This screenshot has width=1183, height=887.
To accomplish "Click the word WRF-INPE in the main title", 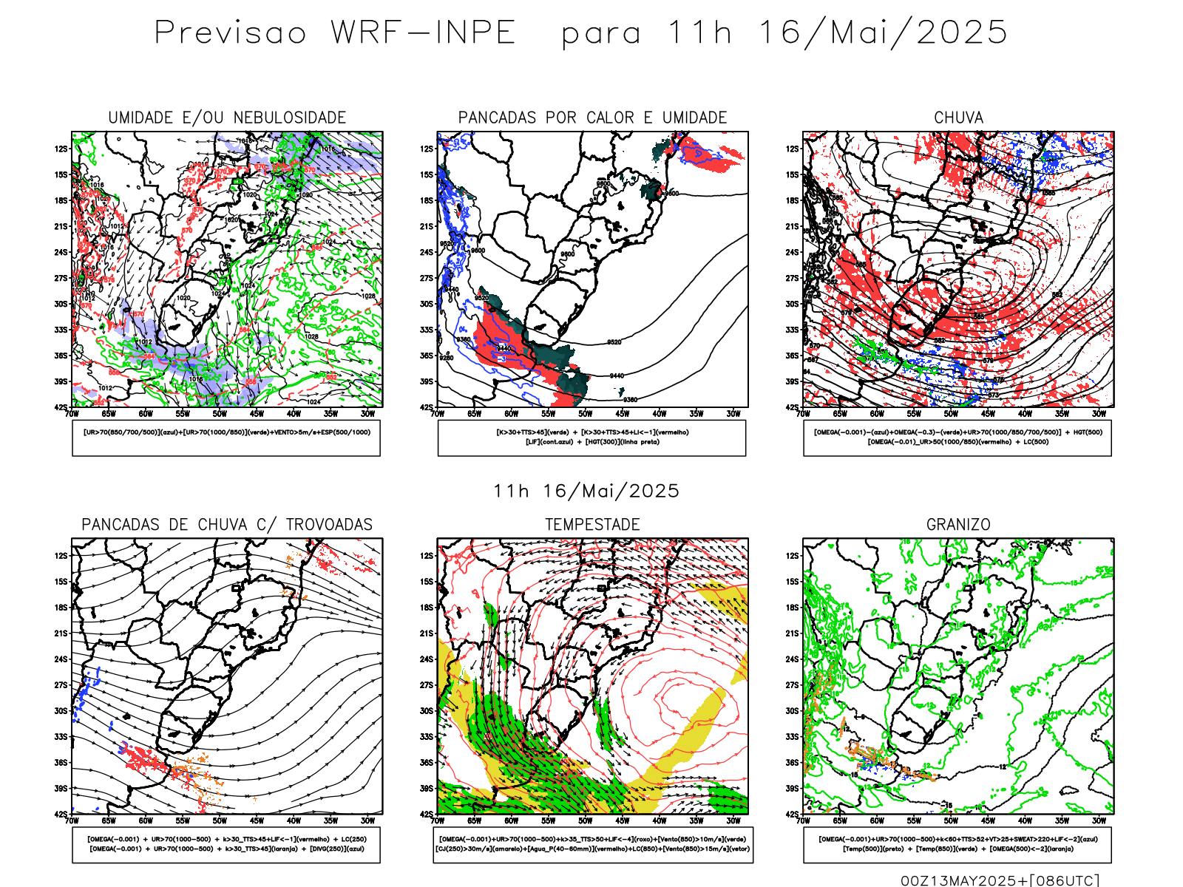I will pyautogui.click(x=423, y=33).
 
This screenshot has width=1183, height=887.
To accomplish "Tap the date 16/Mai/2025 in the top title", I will pyautogui.click(x=884, y=33).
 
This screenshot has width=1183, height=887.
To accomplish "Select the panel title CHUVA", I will pyautogui.click(x=958, y=118).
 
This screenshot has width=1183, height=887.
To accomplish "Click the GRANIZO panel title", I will pyautogui.click(x=958, y=525).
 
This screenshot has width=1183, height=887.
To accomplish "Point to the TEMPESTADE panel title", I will pyautogui.click(x=592, y=525).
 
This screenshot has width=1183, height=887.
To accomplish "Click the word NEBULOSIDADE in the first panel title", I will pyautogui.click(x=290, y=118).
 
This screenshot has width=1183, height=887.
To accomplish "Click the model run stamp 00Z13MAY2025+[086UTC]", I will pyautogui.click(x=1000, y=880).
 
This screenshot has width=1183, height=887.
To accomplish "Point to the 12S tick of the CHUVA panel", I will pyautogui.click(x=793, y=149).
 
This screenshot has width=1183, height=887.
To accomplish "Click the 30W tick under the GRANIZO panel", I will pyautogui.click(x=1099, y=820).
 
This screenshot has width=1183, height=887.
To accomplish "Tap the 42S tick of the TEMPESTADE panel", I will pyautogui.click(x=427, y=814).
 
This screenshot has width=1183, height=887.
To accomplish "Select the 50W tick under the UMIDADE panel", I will pyautogui.click(x=220, y=414).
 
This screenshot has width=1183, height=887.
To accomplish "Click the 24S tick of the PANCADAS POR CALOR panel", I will pyautogui.click(x=427, y=252).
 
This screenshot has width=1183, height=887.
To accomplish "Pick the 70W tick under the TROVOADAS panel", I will pyautogui.click(x=72, y=820).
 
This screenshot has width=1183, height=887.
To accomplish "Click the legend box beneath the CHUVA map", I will pyautogui.click(x=957, y=438).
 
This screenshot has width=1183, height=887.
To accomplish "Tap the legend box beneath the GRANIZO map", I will pyautogui.click(x=957, y=844).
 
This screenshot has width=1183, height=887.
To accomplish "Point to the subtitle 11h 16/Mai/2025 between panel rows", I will pyautogui.click(x=586, y=492).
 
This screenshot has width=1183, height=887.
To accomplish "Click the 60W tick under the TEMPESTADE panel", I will pyautogui.click(x=511, y=820).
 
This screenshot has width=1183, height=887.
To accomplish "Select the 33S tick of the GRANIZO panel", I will pyautogui.click(x=793, y=736).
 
